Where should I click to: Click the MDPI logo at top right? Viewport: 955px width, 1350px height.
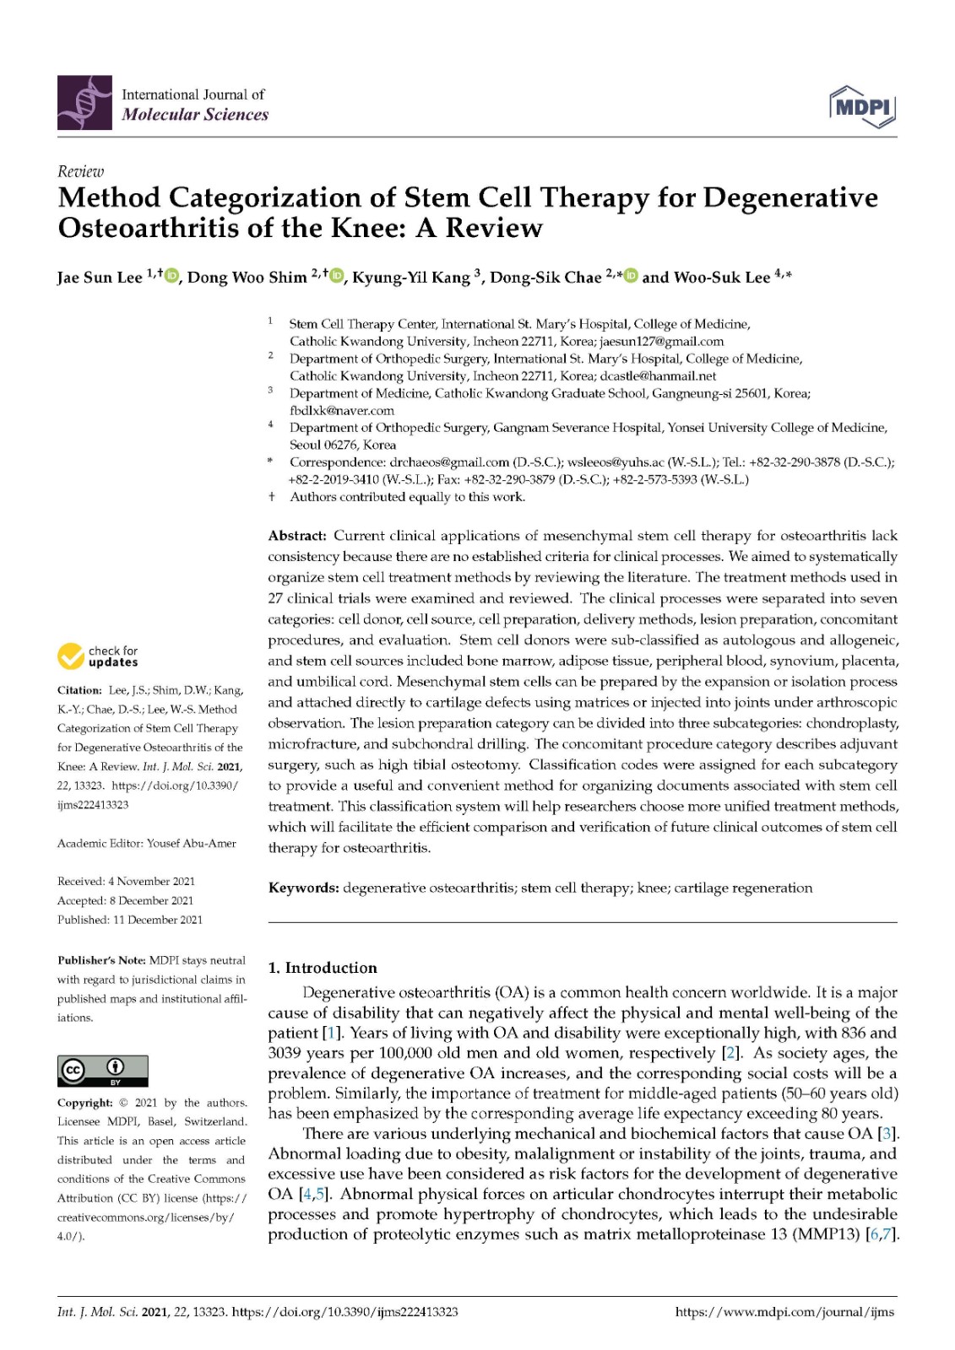point(862,106)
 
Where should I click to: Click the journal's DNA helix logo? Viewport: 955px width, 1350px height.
point(84,103)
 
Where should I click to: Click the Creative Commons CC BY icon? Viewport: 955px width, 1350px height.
point(102,1071)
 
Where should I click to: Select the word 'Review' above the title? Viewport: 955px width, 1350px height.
point(80,171)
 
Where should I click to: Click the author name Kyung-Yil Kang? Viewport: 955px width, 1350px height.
point(411,278)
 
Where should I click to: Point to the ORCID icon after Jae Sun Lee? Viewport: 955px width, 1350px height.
point(172,276)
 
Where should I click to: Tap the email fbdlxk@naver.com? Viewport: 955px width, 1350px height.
point(342,411)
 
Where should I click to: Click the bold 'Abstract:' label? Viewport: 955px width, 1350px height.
point(297,536)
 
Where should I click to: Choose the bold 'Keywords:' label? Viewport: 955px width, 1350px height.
point(303,888)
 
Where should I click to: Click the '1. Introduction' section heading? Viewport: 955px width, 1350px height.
point(323,968)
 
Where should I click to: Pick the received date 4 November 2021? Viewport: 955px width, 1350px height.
point(152,882)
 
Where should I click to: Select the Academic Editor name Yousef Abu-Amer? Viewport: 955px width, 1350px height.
point(191,844)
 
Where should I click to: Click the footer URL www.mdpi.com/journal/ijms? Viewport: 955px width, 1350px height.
point(784,1312)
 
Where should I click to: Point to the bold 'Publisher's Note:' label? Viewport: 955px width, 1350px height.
point(101,960)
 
